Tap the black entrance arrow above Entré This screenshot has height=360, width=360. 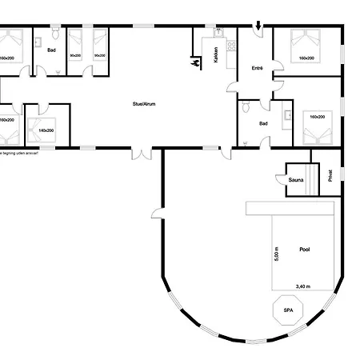(258, 28)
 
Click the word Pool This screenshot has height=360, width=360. (304, 250)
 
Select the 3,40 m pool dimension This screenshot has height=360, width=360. (303, 286)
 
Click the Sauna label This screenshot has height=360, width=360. (296, 181)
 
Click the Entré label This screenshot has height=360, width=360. (258, 70)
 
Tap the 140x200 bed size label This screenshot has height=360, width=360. (46, 130)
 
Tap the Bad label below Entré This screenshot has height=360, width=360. (263, 124)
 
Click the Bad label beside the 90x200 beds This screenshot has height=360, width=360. (50, 50)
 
